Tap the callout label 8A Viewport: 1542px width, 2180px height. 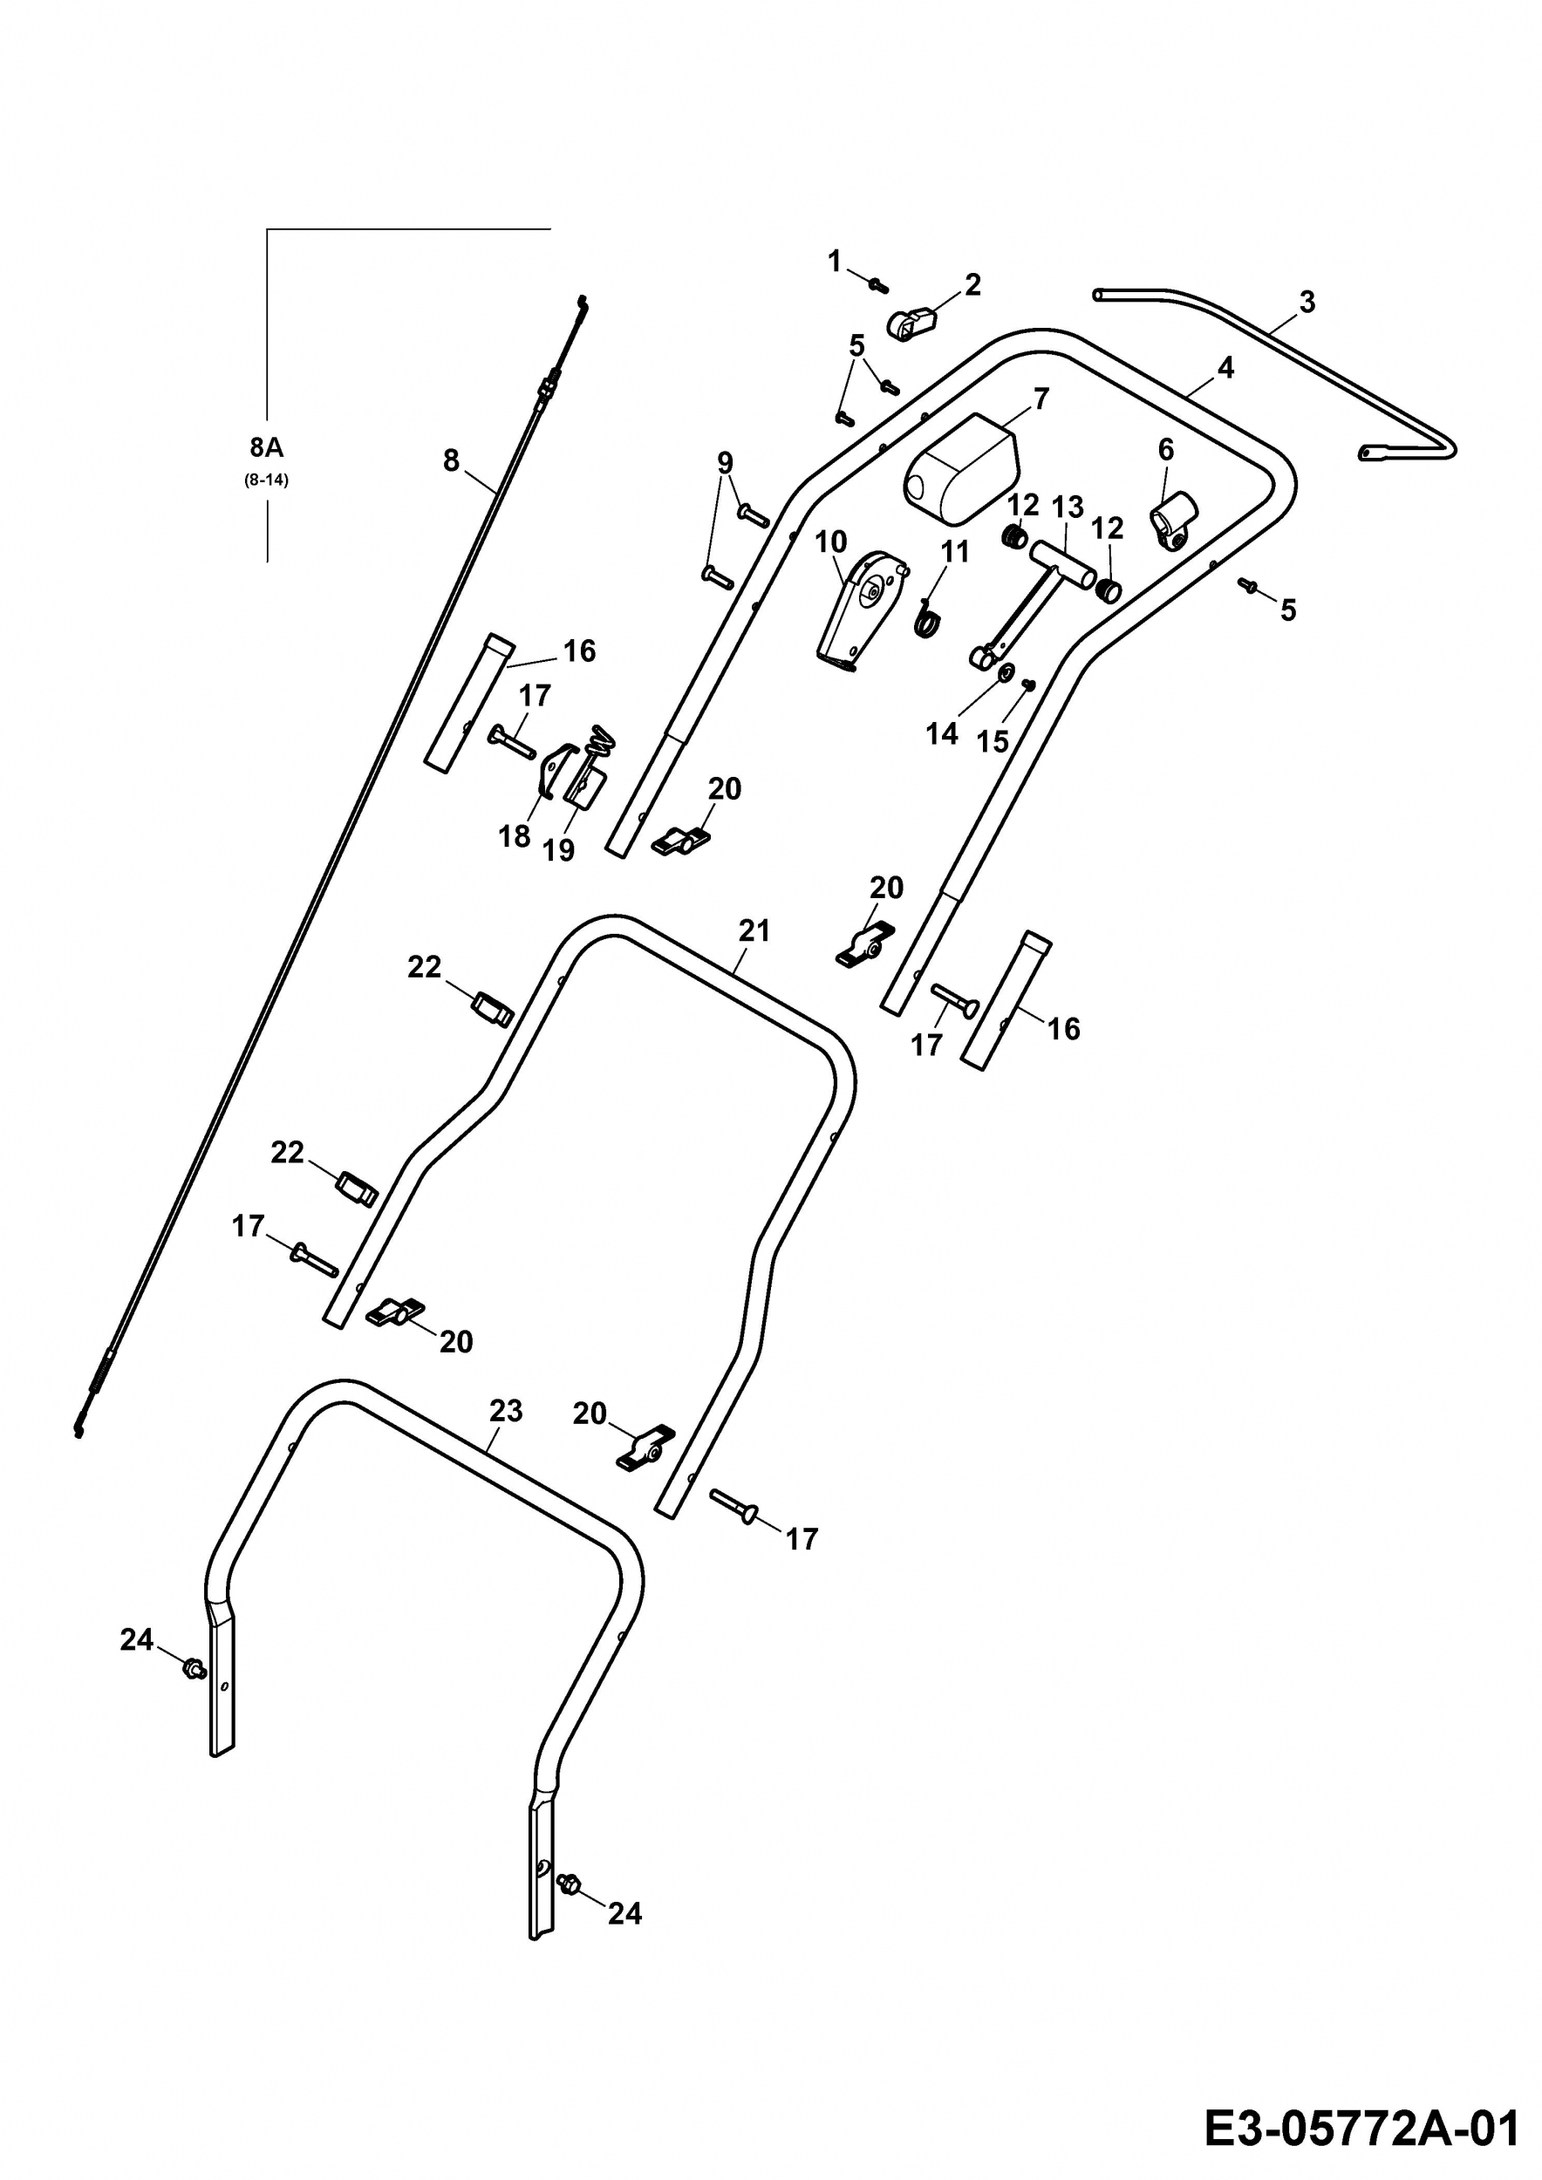[x=267, y=447]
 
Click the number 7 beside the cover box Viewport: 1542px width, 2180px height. [x=1041, y=399]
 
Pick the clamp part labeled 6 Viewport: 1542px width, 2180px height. [x=1173, y=521]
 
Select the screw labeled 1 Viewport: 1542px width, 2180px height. [x=878, y=282]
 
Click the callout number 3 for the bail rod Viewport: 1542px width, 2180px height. [x=1307, y=303]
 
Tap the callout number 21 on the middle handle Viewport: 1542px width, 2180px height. [x=754, y=931]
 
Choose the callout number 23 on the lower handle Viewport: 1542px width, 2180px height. [x=506, y=1411]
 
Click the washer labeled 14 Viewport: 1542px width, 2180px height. [x=1003, y=675]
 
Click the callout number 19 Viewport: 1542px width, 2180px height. [x=558, y=850]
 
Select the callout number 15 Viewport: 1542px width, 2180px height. [x=993, y=741]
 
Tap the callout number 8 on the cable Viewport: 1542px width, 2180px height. [x=451, y=460]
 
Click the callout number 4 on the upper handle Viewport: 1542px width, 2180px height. [x=1225, y=368]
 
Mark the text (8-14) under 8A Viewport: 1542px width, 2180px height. [x=266, y=480]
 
